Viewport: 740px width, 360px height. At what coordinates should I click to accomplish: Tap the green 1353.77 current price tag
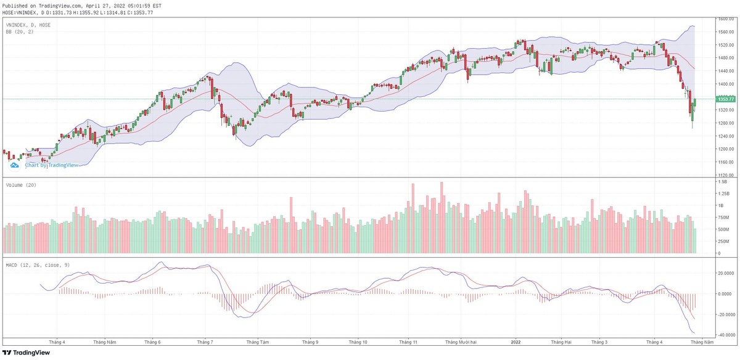pos(726,99)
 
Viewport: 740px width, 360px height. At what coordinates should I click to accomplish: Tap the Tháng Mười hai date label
pos(461,342)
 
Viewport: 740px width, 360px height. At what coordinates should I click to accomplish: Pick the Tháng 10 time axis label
pos(358,342)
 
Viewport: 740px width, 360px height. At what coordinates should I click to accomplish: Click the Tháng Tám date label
pos(257,342)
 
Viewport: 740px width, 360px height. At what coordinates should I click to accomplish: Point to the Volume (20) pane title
pos(20,185)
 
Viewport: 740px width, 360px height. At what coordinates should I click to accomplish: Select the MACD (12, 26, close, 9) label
pos(37,265)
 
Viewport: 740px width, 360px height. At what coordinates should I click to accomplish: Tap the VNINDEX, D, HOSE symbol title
pos(28,25)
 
